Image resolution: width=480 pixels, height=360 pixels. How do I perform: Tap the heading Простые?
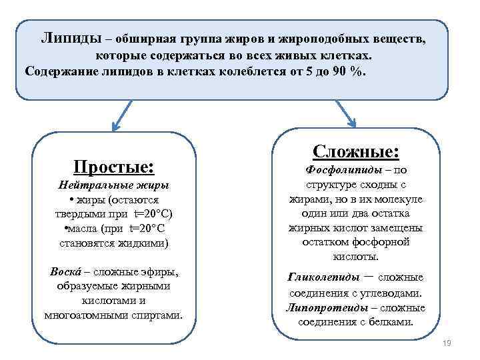[x=113, y=165]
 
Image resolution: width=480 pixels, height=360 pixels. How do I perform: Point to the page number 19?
[x=447, y=343]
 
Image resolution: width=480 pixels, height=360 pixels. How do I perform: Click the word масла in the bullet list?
[x=79, y=229]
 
